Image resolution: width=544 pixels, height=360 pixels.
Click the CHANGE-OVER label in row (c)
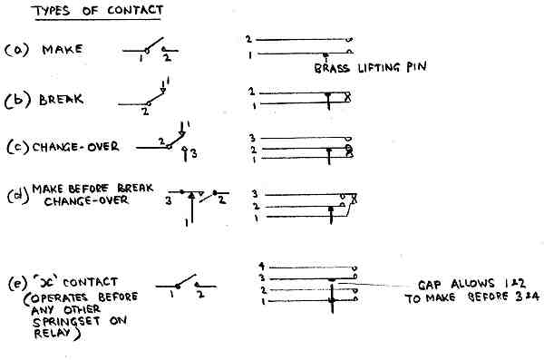(x=77, y=145)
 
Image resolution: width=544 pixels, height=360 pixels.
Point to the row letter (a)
(x=15, y=50)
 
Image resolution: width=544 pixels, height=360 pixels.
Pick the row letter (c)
(x=15, y=145)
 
